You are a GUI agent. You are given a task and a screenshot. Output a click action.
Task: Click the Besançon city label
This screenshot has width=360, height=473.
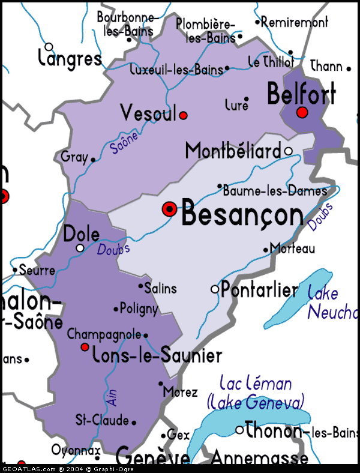coord(242,214)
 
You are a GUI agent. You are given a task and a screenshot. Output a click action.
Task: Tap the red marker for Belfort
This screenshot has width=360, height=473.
coord(302,112)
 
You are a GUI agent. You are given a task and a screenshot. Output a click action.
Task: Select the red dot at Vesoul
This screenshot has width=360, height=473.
coord(184,115)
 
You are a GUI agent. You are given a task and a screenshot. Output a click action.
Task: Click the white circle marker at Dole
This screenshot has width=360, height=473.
coord(80,247)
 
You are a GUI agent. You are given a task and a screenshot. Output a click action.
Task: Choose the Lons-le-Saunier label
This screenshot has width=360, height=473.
coord(157,355)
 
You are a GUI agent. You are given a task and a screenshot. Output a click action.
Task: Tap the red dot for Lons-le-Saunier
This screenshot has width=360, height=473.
coord(85,347)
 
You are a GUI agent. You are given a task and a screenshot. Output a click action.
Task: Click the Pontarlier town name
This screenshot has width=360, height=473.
coord(259,291)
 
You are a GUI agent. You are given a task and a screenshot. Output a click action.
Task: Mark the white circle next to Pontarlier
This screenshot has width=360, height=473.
coord(215,290)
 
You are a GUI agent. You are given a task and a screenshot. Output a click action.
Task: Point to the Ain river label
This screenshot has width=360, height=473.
coord(112,396)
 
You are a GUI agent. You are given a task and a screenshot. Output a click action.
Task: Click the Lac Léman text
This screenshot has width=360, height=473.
coord(256,383)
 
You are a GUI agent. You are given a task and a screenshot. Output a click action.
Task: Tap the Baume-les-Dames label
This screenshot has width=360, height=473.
coord(275,191)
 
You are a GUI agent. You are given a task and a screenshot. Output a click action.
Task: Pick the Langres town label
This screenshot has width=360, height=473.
coord(70,58)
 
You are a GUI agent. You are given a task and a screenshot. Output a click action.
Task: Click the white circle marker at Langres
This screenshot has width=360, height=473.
coord(49,46)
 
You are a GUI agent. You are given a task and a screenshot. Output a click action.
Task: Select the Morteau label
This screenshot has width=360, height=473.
coord(292,248)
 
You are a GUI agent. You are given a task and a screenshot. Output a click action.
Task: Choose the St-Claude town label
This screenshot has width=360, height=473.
coord(102,420)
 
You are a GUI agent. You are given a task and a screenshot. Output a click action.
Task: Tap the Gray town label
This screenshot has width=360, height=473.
coord(74,157)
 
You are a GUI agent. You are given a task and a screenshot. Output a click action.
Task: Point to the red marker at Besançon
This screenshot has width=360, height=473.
coord(170,209)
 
